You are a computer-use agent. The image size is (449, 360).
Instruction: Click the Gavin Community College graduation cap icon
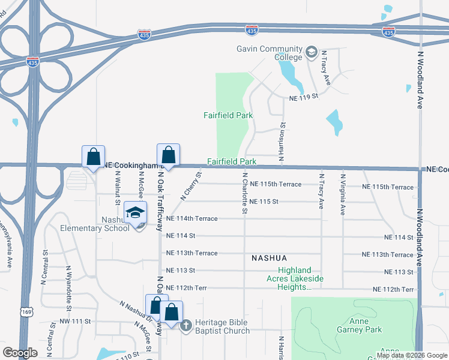coord(311,52)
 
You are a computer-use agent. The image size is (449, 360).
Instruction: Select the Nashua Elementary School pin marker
coord(136,214)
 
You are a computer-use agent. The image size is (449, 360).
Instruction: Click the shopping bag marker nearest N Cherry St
coord(169,156)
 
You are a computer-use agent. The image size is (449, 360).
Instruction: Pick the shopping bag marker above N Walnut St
coord(93,158)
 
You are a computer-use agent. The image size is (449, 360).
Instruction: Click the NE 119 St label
coord(303,97)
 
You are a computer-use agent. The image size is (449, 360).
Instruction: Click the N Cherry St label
coord(191,184)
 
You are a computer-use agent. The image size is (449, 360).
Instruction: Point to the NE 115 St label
coord(264,202)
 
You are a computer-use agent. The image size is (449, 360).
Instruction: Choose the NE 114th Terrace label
coord(191,218)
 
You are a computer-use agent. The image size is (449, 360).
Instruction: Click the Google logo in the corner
coord(20,353)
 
